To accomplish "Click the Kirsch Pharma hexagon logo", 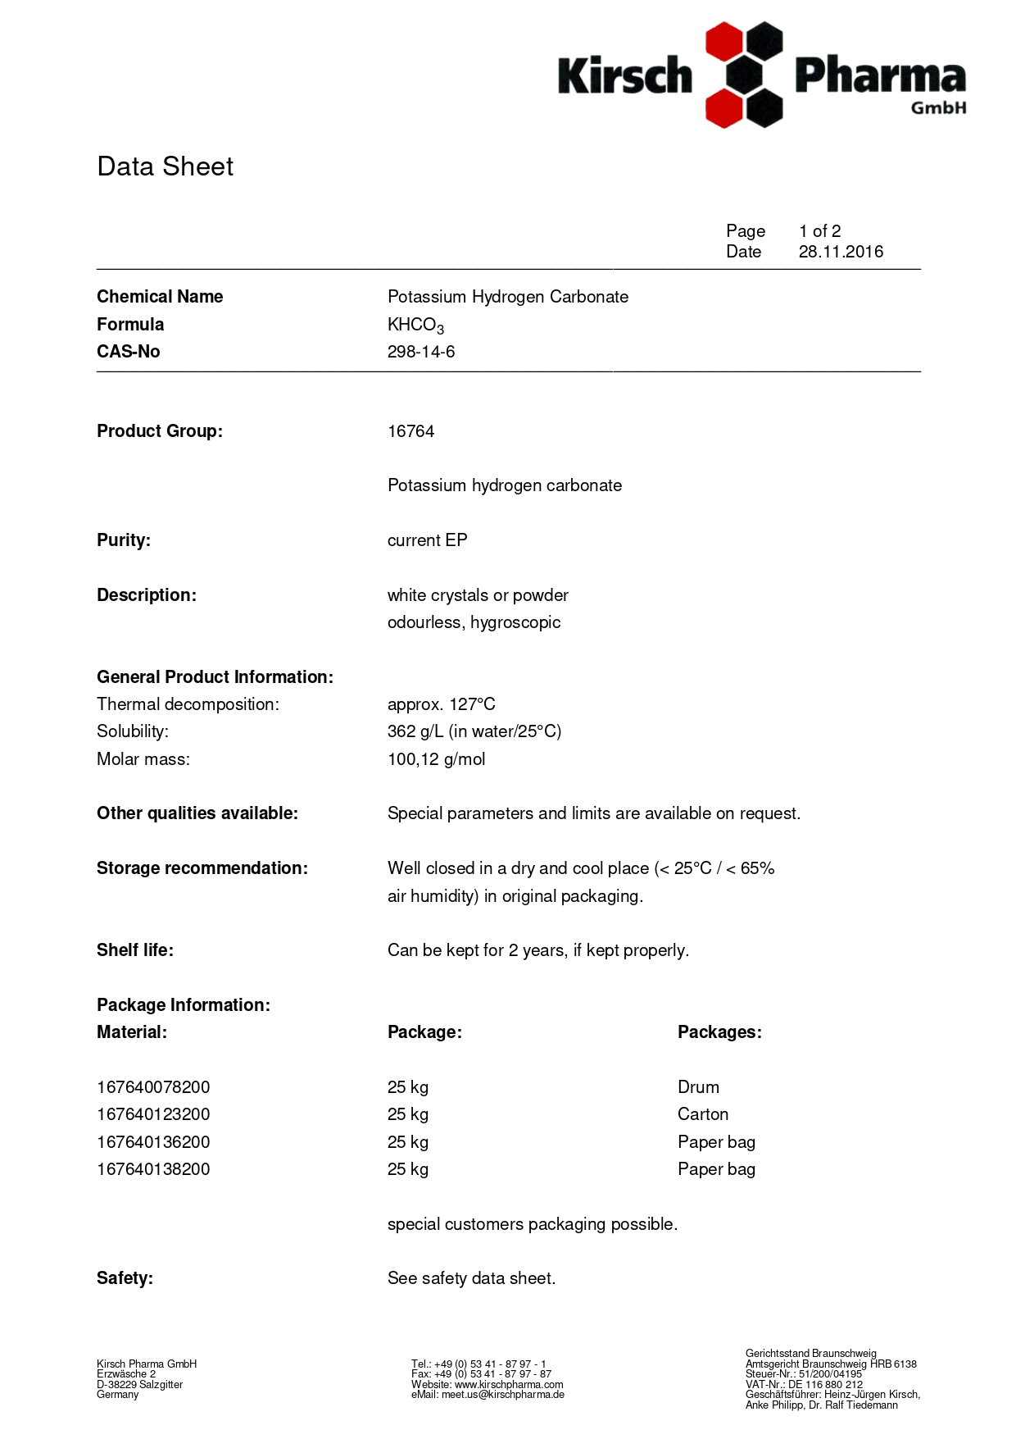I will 744,75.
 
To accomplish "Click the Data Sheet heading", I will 165,166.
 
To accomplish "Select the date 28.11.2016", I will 841,252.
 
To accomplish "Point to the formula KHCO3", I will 415,325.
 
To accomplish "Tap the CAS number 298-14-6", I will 421,352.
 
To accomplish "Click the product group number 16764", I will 410,431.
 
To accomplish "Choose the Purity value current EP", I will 427,540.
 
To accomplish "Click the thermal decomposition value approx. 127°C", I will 441,704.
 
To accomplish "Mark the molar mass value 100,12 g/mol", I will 436,759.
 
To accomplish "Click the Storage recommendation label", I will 202,868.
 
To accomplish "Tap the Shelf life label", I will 135,950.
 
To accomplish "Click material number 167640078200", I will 153,1087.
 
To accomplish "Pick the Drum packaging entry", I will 698,1087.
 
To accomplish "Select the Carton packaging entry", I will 703,1114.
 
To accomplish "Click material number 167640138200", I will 153,1169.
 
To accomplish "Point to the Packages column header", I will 719,1032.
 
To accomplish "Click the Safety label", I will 125,1278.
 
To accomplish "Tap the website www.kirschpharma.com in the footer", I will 509,1385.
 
